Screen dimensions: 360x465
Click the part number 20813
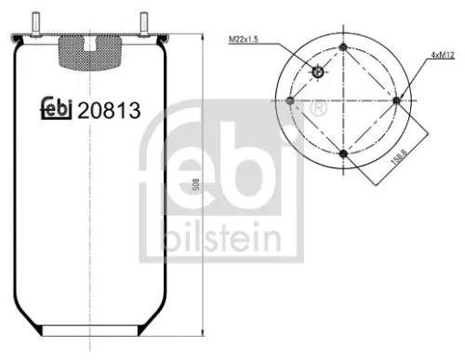[x=110, y=111]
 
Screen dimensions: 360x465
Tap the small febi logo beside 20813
[x=58, y=111]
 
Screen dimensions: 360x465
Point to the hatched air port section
[x=88, y=52]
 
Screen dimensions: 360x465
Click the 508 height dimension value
[x=194, y=185]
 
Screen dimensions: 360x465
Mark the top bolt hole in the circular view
[x=343, y=47]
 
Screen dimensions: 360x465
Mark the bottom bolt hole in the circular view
[x=343, y=153]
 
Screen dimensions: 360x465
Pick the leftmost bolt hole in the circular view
[x=290, y=100]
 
